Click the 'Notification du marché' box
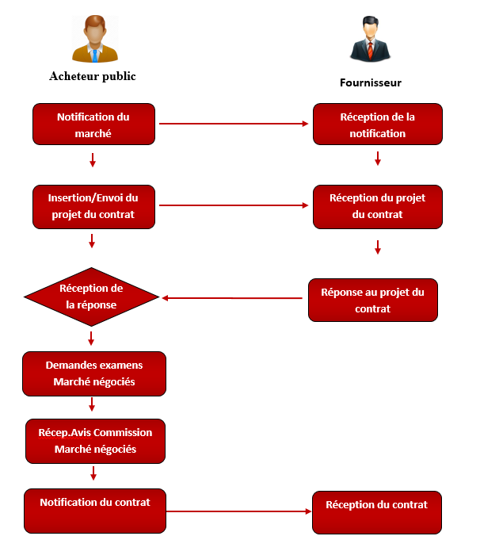click(93, 124)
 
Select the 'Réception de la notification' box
click(377, 124)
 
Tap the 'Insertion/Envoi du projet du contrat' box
click(93, 206)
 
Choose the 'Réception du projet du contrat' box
click(377, 207)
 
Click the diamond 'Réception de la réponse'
click(92, 297)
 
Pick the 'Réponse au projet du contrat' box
click(372, 300)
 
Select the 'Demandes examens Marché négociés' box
click(94, 373)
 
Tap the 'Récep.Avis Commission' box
click(95, 441)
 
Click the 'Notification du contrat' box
click(95, 511)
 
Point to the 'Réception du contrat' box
click(376, 512)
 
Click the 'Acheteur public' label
click(93, 76)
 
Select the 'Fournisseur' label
click(371, 82)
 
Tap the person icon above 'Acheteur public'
click(95, 39)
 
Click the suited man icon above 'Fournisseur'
click(370, 39)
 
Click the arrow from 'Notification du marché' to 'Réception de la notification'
click(234, 124)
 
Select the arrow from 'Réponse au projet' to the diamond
click(233, 298)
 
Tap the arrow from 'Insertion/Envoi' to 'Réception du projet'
click(234, 206)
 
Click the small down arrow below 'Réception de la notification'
click(378, 159)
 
